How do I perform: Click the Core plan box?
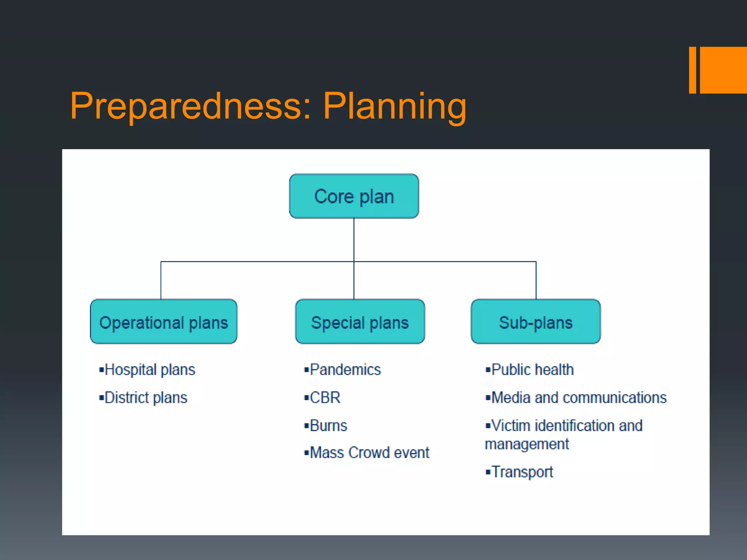[354, 196]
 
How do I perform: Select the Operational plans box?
[163, 322]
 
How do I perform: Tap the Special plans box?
[360, 322]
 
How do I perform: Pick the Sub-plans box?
[535, 322]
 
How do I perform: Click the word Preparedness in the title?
[190, 106]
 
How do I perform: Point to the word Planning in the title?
[394, 106]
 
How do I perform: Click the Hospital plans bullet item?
[150, 370]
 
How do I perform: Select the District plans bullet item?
[146, 397]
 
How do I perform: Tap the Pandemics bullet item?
[345, 370]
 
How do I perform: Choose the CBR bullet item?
[325, 397]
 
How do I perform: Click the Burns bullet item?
[328, 425]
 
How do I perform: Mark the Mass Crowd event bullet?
[369, 453]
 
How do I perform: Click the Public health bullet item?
[532, 370]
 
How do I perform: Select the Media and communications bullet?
[578, 397]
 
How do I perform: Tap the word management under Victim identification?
[527, 444]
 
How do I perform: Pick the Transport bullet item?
[522, 472]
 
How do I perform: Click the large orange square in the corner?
[723, 70]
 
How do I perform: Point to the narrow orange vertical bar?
[692, 70]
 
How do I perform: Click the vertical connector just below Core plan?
[354, 239]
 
